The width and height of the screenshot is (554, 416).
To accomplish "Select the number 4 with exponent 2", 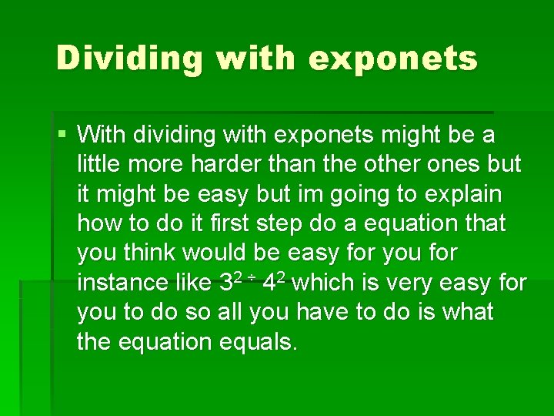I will click(x=270, y=283).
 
